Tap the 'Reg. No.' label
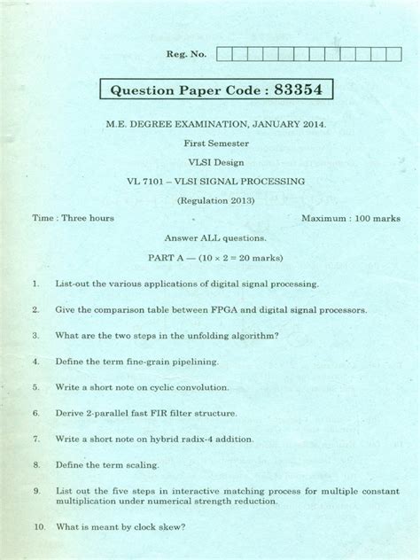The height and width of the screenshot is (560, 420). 186,54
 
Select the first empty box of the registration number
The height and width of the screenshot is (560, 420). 224,54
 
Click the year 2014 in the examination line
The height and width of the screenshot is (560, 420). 312,125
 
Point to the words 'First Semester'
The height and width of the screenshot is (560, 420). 216,144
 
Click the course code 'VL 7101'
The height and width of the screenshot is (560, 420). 147,181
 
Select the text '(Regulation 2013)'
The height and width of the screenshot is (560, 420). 216,200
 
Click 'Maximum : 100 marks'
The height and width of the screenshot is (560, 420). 351,218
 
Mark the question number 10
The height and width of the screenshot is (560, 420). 39,527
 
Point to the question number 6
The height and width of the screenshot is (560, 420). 36,413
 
